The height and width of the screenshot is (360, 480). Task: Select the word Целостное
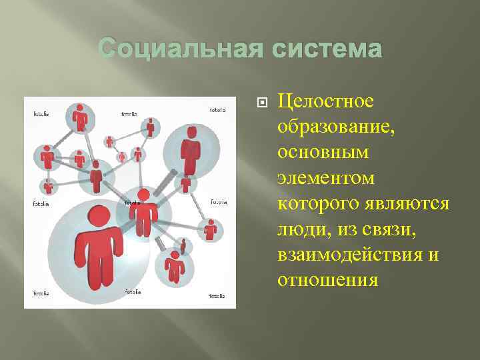pos(326,101)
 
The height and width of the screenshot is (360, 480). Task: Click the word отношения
pos(327,281)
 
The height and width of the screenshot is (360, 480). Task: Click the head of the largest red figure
pos(98,217)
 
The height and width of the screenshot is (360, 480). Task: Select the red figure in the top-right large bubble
pos(191,150)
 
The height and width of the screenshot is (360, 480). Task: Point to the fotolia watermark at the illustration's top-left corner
pos(41,113)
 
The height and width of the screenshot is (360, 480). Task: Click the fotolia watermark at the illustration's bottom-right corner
pos(217,295)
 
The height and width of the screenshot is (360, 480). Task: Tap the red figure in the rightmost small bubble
pos(211,229)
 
